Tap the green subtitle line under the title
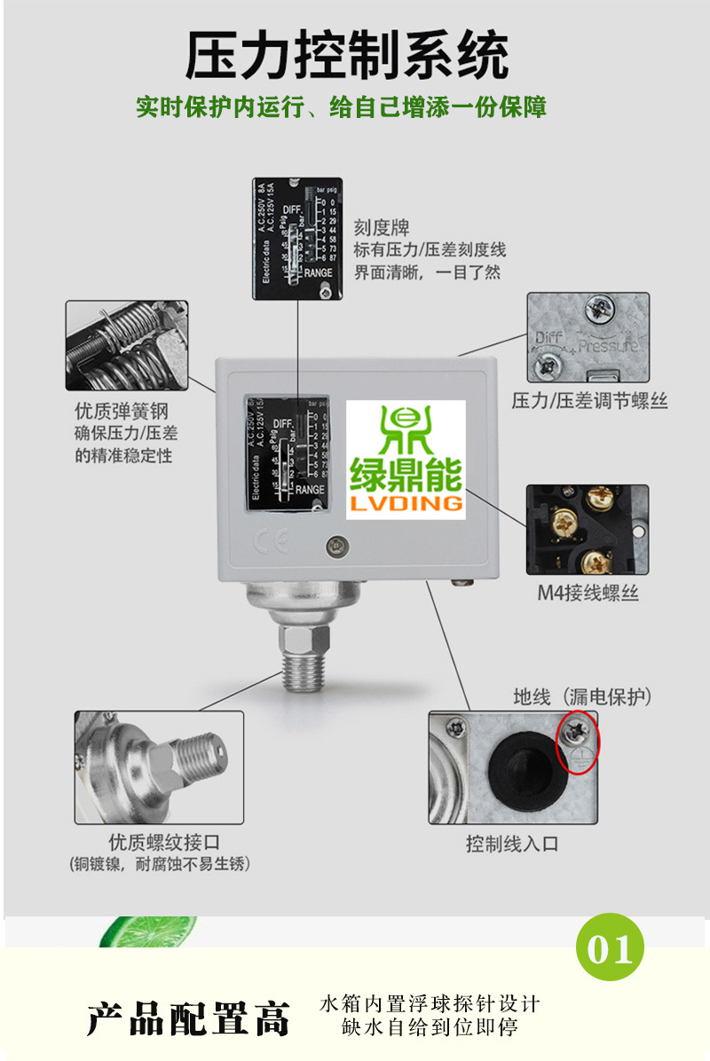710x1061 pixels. [x=341, y=107]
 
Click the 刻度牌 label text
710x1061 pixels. [x=382, y=228]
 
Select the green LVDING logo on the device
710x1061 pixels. [x=406, y=459]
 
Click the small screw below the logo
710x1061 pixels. [x=335, y=546]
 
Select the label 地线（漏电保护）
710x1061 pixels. [x=582, y=697]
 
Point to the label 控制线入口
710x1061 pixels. [x=512, y=844]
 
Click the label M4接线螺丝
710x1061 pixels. [x=588, y=593]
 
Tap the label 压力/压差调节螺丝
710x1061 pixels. [x=589, y=402]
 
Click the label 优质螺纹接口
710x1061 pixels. [x=164, y=842]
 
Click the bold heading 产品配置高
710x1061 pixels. [x=189, y=1018]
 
